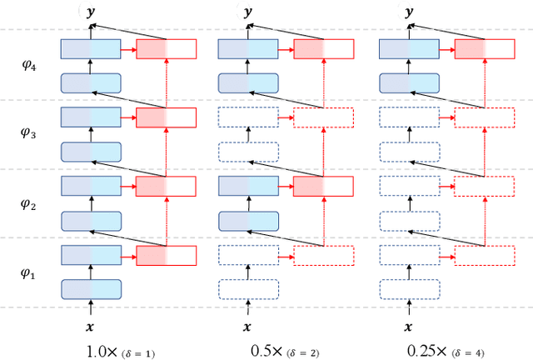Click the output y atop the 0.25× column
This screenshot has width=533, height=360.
[407, 12]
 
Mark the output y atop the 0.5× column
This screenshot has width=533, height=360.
[247, 12]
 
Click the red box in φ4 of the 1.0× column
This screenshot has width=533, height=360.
[166, 49]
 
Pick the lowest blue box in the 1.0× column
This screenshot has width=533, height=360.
[91, 289]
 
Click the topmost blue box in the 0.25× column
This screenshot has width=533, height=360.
[408, 49]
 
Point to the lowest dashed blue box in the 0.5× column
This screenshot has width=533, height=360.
[247, 289]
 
